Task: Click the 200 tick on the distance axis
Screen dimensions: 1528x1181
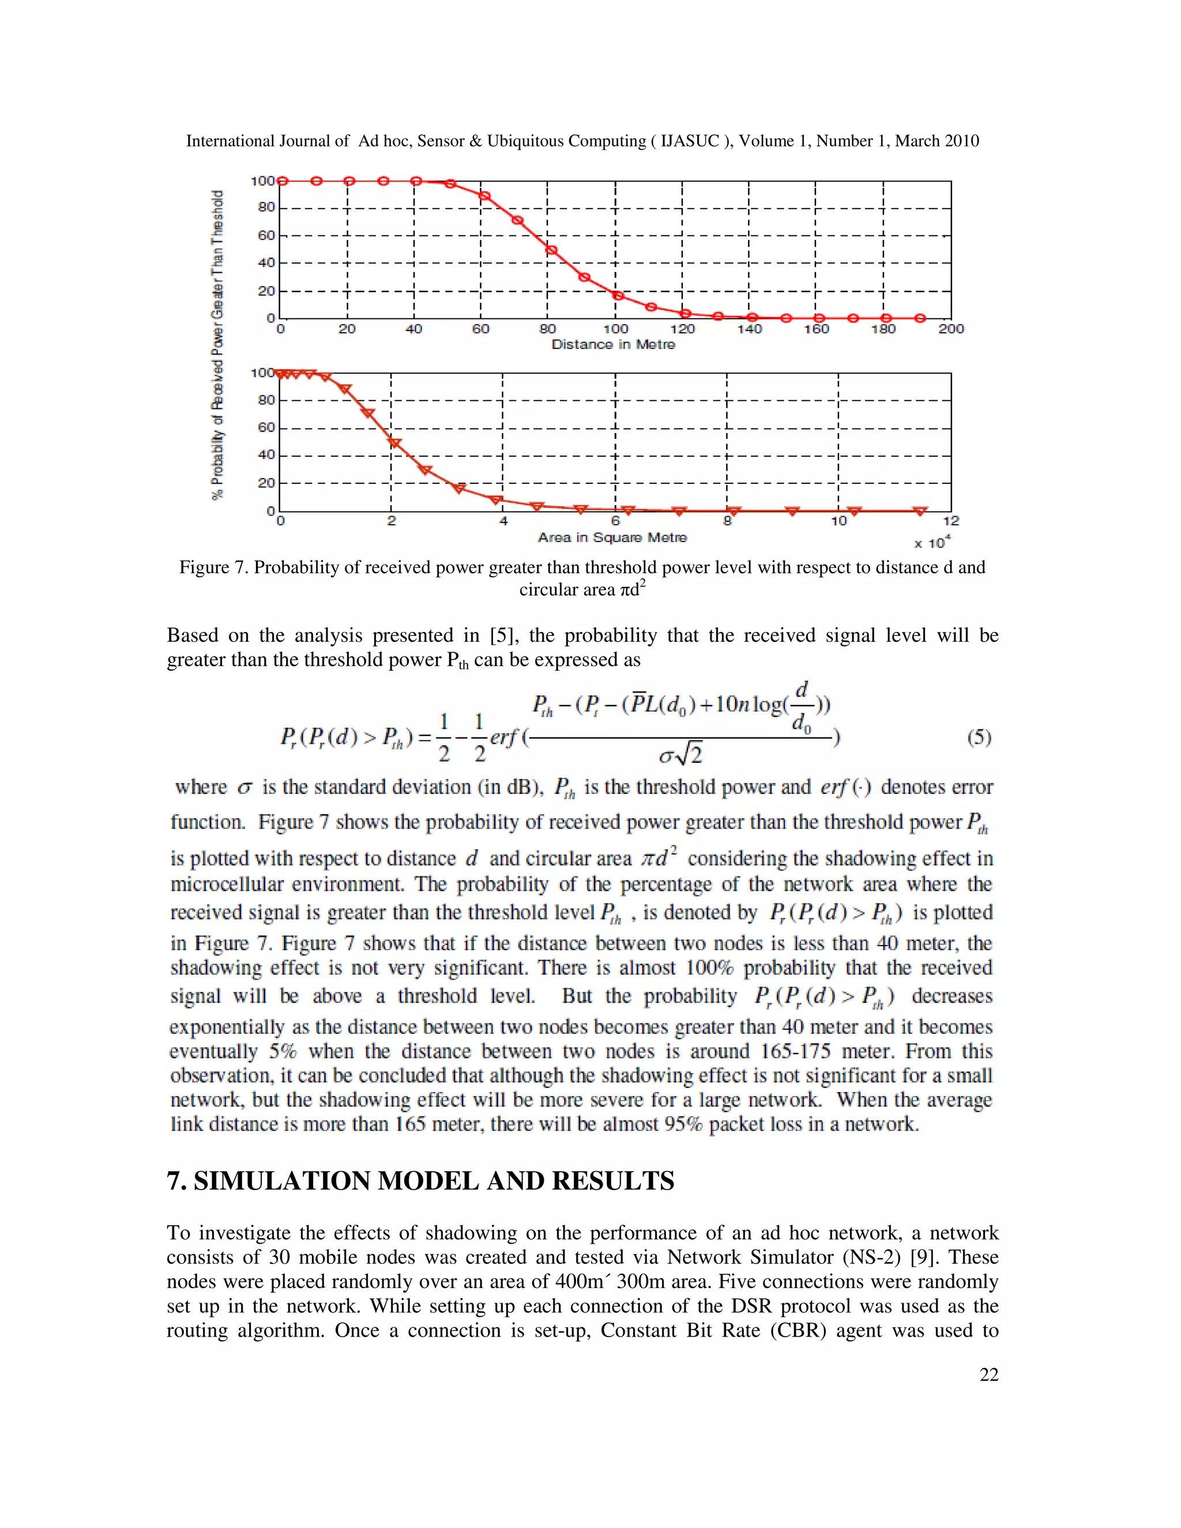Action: (951, 329)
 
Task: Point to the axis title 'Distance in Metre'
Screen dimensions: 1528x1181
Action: (613, 344)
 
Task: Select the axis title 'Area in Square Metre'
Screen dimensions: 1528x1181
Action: (612, 537)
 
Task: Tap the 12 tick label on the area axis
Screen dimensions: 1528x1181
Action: (951, 521)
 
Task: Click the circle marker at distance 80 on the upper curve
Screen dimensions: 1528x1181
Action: (551, 250)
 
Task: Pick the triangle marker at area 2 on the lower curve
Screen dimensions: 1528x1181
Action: (394, 443)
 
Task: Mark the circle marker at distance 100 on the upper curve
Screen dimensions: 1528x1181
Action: (618, 295)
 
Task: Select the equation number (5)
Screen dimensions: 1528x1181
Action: (979, 737)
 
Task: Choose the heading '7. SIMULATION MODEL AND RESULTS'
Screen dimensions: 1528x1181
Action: (420, 1181)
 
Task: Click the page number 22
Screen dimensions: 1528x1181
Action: (988, 1375)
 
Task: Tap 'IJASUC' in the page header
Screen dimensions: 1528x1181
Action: (690, 141)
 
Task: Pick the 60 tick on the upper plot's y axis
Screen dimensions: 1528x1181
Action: (266, 236)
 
